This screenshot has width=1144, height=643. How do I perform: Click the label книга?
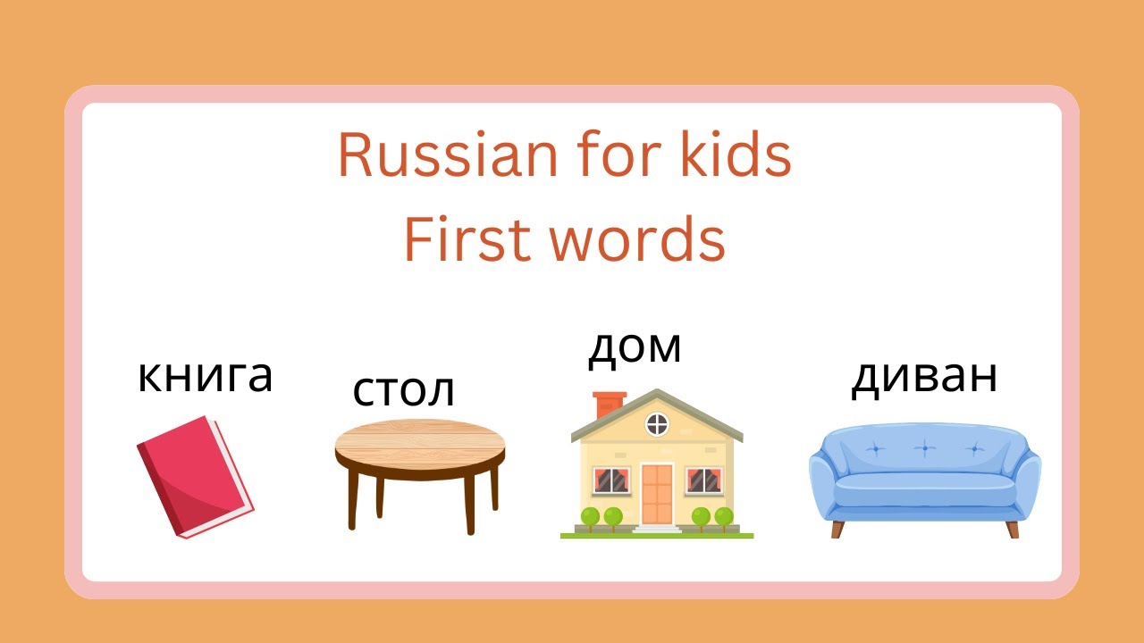205,376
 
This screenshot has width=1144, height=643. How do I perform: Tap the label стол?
404,389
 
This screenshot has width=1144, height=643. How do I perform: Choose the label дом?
635,347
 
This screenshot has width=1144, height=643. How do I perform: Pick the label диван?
923,377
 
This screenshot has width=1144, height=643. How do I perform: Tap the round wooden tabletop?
419,438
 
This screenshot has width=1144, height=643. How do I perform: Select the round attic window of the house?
657,422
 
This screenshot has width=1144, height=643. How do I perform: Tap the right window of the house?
704,481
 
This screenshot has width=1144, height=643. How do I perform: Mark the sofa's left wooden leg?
837,529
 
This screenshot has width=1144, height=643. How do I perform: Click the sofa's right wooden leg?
1012,529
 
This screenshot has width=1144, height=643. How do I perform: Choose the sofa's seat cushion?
925,489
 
